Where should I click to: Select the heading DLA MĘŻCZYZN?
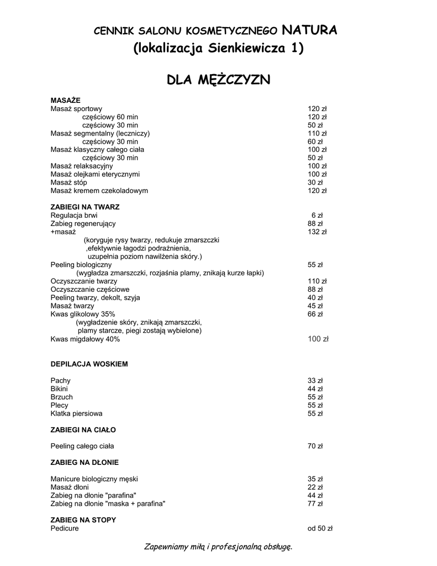coord(218,80)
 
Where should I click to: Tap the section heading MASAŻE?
coord(65,100)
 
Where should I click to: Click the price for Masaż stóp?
coord(315,182)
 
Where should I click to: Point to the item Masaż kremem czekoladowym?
coord(99,191)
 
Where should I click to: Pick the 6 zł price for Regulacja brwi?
coord(317,215)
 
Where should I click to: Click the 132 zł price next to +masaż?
coord(317,232)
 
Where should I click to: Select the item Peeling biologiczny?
coord(81,265)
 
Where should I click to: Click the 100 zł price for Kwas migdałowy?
coord(318,339)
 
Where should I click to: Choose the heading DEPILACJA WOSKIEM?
coord(89,364)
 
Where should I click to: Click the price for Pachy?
coord(315,380)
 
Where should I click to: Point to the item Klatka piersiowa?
coord(76,413)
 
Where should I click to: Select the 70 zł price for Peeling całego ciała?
coord(315,446)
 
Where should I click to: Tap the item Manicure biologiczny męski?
coord(94,479)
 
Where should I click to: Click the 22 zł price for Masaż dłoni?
coord(315,487)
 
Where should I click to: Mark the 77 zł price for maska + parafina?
coord(315,504)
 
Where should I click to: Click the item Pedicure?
coord(65,528)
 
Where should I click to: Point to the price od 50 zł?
coord(320,528)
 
